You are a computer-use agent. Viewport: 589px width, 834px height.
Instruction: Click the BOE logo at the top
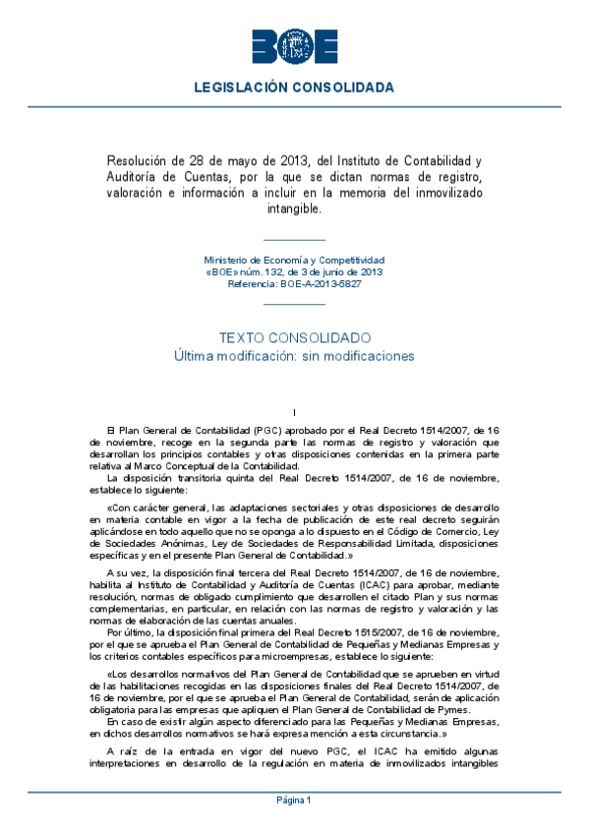pyautogui.click(x=294, y=44)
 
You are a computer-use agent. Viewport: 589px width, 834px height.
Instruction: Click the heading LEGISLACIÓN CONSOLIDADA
pyautogui.click(x=294, y=88)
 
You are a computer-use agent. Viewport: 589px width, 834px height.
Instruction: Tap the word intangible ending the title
pyautogui.click(x=294, y=208)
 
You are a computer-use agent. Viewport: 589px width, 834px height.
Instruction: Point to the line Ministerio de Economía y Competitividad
pyautogui.click(x=294, y=259)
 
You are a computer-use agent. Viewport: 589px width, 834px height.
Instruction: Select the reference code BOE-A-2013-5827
pyautogui.click(x=315, y=282)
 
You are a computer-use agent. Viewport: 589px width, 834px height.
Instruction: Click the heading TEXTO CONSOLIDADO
pyautogui.click(x=294, y=336)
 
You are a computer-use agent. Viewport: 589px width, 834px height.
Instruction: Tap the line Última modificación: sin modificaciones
pyautogui.click(x=294, y=355)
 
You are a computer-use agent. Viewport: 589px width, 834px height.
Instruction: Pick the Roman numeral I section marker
pyautogui.click(x=294, y=413)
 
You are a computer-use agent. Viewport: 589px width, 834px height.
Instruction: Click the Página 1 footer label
pyautogui.click(x=294, y=800)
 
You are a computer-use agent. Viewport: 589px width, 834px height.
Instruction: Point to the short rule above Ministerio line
pyautogui.click(x=294, y=240)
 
